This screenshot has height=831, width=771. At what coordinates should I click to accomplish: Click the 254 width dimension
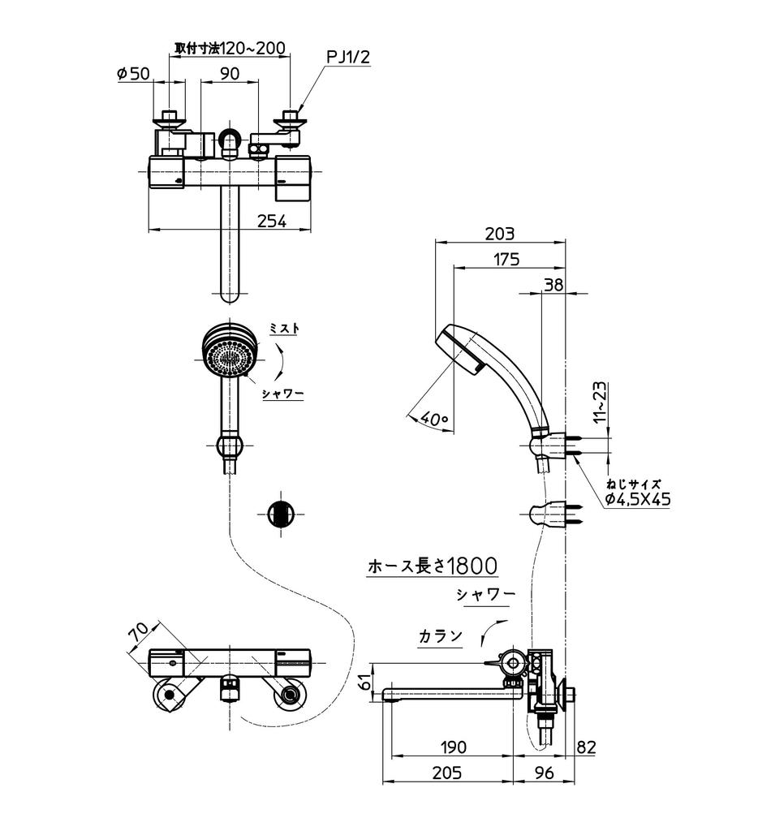pos(272,221)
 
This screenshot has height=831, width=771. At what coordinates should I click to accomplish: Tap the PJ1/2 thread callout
pos(348,57)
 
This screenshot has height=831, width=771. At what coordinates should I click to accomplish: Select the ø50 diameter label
pos(134,73)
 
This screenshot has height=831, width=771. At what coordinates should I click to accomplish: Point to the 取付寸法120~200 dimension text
pos(230,48)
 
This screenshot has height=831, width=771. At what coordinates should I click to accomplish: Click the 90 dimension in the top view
pos(230,73)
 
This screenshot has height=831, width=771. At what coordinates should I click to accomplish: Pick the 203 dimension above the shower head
pos(500,233)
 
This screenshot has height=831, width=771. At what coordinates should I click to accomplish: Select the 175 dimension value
pos(506,260)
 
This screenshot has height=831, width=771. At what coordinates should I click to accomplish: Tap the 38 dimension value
pos(553,285)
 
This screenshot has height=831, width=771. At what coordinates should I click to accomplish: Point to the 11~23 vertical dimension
pos(599,403)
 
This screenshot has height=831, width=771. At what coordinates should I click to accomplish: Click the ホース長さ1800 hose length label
pos(433,566)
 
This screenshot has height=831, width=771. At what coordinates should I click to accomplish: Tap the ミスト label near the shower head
pos(284,329)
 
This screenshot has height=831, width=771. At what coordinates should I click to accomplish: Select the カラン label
pos(441,635)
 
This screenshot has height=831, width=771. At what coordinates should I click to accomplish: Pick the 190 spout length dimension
pos(454,747)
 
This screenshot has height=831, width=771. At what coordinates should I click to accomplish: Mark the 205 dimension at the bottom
pos(446,773)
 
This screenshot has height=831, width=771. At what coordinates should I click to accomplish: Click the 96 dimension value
pos(544,773)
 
